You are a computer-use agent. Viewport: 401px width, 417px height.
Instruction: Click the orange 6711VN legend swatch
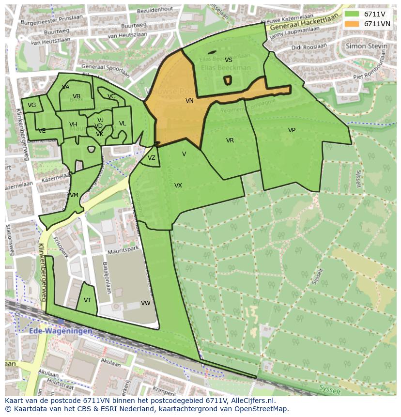(352, 24)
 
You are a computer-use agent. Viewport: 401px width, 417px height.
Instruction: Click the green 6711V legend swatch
(352, 14)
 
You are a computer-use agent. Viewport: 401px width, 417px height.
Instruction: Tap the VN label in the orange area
(189, 101)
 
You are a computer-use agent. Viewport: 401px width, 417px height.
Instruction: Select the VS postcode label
(229, 60)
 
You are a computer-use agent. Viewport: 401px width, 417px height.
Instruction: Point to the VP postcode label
(292, 130)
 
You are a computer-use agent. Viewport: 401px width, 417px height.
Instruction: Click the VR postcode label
(230, 140)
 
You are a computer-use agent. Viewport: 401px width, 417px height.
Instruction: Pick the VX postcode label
(178, 185)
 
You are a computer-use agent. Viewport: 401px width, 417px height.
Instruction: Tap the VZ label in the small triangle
(152, 158)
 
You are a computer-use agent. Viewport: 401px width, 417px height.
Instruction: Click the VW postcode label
(145, 303)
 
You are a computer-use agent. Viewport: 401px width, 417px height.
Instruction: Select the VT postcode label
(87, 300)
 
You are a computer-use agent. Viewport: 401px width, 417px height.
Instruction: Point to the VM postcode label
(74, 195)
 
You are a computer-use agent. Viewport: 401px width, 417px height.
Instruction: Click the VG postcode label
(32, 105)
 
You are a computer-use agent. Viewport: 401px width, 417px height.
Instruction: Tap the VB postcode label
(77, 96)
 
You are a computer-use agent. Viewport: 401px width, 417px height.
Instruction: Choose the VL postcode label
(123, 124)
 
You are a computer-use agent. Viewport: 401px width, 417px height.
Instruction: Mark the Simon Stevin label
(366, 46)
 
